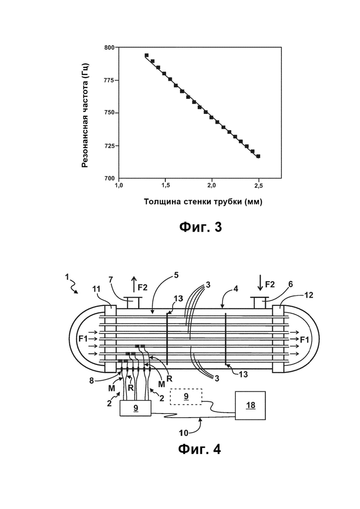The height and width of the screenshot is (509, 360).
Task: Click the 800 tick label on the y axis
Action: coord(109,48)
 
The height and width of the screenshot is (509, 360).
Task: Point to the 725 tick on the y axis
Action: coord(118,146)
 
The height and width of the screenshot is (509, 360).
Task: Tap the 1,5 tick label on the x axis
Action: coord(165,186)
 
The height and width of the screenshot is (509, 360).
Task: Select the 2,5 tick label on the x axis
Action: coord(259,186)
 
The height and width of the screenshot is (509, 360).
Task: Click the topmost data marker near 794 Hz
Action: coord(147,55)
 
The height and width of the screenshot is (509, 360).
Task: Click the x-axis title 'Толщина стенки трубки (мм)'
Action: coord(203,202)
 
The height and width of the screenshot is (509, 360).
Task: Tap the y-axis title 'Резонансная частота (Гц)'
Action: coord(85,115)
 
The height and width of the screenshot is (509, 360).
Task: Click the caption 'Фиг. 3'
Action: coord(201,227)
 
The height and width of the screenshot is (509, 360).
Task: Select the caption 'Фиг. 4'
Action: coord(200,449)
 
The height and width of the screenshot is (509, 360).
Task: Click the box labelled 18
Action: coord(250,406)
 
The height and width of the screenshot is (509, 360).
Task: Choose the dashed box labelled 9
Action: coord(186,397)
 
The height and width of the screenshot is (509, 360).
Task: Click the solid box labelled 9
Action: coord(136,408)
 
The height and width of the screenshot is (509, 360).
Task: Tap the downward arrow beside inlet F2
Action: coord(260,283)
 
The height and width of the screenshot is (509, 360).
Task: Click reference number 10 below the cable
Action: coord(184,433)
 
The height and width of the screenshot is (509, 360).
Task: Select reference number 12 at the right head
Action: coord(309,295)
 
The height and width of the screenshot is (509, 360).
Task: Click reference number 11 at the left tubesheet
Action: coord(96,289)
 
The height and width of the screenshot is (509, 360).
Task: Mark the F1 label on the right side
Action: coord(305,340)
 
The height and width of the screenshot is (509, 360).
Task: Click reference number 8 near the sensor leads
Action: coord(91,380)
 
